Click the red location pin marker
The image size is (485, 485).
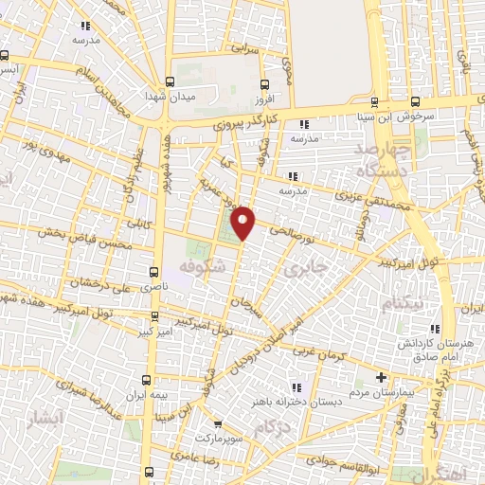tap(244, 223)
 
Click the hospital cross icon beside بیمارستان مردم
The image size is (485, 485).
tap(382, 365)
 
